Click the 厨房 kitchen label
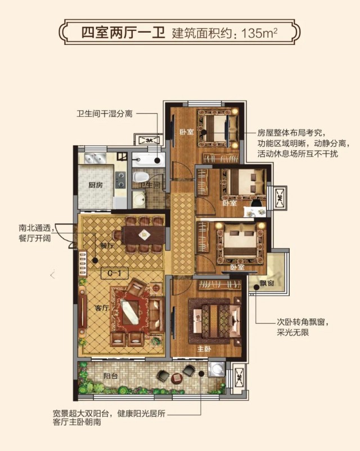pos(96,184)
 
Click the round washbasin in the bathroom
pos(139,199)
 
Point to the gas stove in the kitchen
pos(120,180)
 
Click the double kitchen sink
pos(95,158)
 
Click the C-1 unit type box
pos(114,273)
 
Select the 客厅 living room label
pos(102,308)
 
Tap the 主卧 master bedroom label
pos(204,349)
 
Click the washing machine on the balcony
pos(217,368)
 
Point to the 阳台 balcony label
pos(110,376)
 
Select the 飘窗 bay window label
pos(267,283)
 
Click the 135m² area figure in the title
pos(259,34)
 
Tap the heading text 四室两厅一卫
pos(123,33)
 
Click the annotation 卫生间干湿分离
pos(105,114)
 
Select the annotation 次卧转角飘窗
pos(303,322)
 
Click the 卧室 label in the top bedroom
pos(187,132)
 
